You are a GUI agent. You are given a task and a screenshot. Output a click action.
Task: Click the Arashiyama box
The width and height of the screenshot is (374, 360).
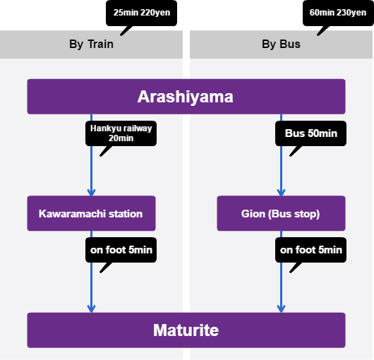tap(186, 97)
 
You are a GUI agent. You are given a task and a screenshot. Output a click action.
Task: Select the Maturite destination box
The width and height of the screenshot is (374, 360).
tap(186, 330)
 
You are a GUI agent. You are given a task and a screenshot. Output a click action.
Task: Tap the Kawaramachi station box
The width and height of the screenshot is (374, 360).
tap(91, 213)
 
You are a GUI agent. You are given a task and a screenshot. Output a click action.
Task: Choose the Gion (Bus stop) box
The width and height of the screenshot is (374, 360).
tap(282, 213)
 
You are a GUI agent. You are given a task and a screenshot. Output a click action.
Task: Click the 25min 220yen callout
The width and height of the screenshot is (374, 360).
tap(141, 13)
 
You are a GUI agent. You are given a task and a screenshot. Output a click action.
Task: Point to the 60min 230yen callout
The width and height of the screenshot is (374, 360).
tap(338, 13)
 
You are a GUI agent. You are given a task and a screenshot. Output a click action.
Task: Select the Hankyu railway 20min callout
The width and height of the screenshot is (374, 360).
tap(121, 133)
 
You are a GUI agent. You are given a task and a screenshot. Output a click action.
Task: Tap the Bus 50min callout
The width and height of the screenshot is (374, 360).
tap(310, 133)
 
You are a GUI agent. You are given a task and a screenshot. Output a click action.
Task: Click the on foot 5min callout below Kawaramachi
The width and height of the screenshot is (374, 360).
tap(121, 250)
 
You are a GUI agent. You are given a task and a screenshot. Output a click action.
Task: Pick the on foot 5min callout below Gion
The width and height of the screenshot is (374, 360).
tap(310, 250)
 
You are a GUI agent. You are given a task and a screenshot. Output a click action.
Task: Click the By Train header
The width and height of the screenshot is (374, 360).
tap(91, 44)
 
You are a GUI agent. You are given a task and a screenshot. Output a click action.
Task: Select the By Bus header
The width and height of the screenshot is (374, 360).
tap(282, 44)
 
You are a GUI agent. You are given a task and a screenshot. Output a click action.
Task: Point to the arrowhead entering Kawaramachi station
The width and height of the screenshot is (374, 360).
tap(91, 193)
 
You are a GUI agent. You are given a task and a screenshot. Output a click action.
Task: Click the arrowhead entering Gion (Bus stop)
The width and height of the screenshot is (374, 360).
tap(282, 193)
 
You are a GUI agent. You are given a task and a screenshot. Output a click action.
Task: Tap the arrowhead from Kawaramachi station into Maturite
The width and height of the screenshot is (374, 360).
tap(91, 309)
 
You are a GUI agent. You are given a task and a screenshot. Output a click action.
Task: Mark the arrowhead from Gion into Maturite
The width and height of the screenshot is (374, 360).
tap(282, 309)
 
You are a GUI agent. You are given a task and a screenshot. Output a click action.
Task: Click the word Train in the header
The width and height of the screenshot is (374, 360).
tap(100, 44)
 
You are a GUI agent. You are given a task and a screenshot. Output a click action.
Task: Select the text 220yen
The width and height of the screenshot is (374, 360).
tap(155, 13)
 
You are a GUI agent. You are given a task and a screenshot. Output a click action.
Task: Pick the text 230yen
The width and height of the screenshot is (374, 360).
tap(351, 13)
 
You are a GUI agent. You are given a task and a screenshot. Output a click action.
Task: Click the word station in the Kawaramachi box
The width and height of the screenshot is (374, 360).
tap(126, 214)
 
